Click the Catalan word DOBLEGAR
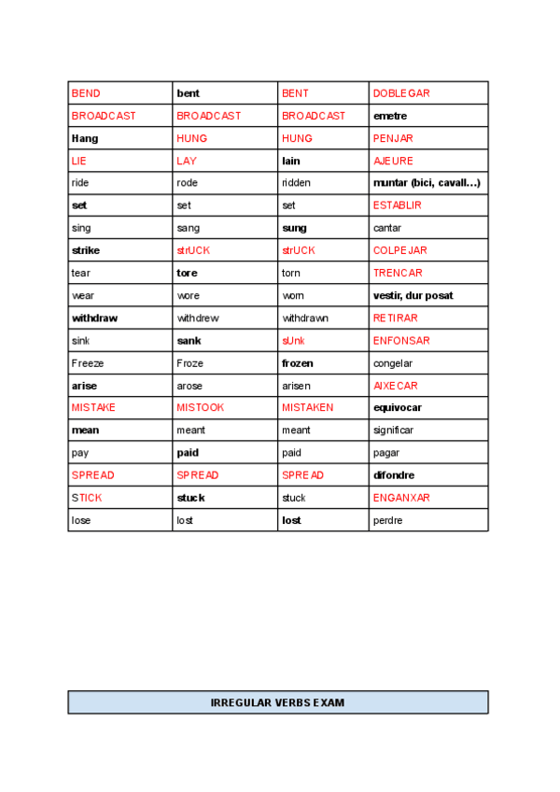click(x=401, y=93)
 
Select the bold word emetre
click(x=390, y=116)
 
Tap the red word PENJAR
click(x=393, y=138)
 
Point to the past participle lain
click(x=291, y=161)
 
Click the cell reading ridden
click(x=296, y=183)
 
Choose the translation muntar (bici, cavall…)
click(x=427, y=183)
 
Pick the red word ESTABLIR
click(x=397, y=205)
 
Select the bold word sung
click(x=294, y=228)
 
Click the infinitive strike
click(x=86, y=250)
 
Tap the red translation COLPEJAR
click(x=400, y=250)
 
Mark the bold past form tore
click(x=187, y=273)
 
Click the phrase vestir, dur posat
click(x=413, y=295)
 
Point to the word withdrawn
click(x=305, y=318)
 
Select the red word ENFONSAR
click(x=401, y=341)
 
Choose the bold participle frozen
click(x=298, y=363)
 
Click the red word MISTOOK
click(x=200, y=408)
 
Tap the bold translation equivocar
click(x=398, y=408)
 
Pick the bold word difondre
click(x=394, y=475)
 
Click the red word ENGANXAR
click(x=401, y=498)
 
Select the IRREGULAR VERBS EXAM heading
click(x=278, y=702)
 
